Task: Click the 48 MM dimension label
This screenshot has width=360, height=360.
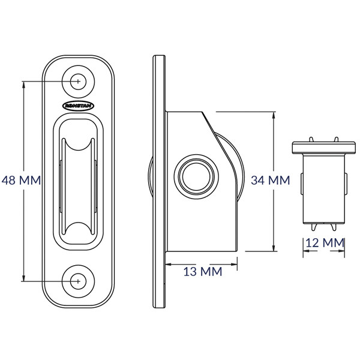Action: point(21,180)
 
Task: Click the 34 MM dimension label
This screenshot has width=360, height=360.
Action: point(270,180)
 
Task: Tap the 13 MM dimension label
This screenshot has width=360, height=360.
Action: point(203,271)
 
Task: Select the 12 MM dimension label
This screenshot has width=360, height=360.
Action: point(325,242)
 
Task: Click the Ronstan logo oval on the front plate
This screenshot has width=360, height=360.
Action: point(78,106)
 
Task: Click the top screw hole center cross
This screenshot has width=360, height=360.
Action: point(78,81)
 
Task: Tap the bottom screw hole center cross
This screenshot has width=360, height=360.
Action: point(78,281)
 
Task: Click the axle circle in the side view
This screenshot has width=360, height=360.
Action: point(196,176)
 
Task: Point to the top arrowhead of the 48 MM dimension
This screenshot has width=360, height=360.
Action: point(23,85)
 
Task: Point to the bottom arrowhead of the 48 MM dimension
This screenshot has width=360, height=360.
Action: point(23,278)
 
